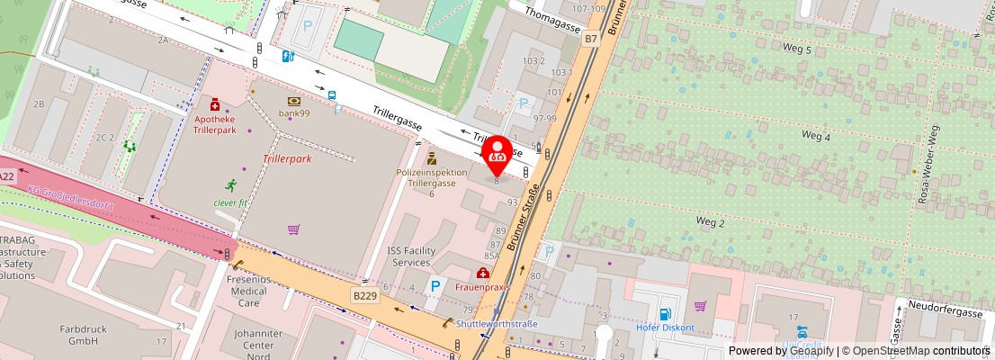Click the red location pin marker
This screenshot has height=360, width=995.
[497, 153]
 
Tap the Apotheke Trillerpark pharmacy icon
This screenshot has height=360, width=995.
[215, 106]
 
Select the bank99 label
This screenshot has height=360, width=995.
[293, 112]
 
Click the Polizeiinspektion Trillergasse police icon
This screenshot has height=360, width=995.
[432, 157]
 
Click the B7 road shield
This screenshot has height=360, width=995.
[590, 39]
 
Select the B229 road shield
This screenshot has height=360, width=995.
[364, 295]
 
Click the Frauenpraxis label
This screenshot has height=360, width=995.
[482, 287]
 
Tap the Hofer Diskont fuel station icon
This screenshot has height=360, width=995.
[665, 314]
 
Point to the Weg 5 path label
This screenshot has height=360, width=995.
[796, 49]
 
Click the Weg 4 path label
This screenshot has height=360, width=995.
[815, 136]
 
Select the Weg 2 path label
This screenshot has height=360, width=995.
[711, 221]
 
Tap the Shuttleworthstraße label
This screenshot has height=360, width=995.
[497, 324]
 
